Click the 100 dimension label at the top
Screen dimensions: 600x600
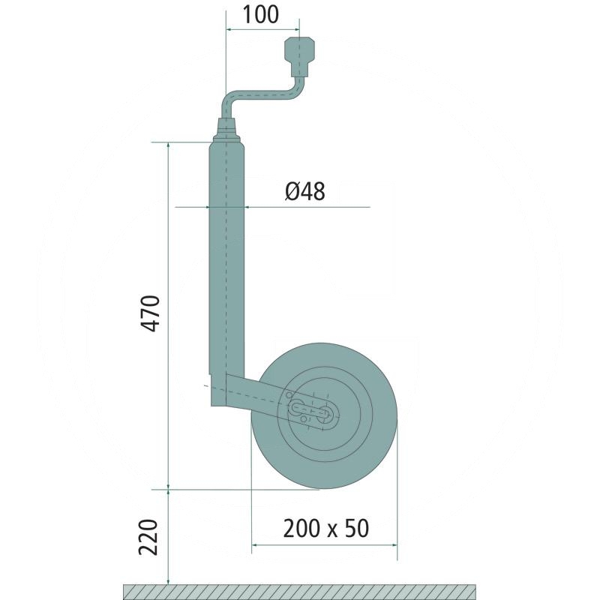click(x=260, y=14)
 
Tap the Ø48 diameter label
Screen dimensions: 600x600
click(x=305, y=191)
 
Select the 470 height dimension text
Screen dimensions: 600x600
click(x=149, y=313)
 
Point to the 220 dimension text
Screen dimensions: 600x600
click(x=148, y=537)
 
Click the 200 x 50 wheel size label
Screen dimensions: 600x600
click(x=326, y=529)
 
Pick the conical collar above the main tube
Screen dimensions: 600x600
click(x=226, y=130)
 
